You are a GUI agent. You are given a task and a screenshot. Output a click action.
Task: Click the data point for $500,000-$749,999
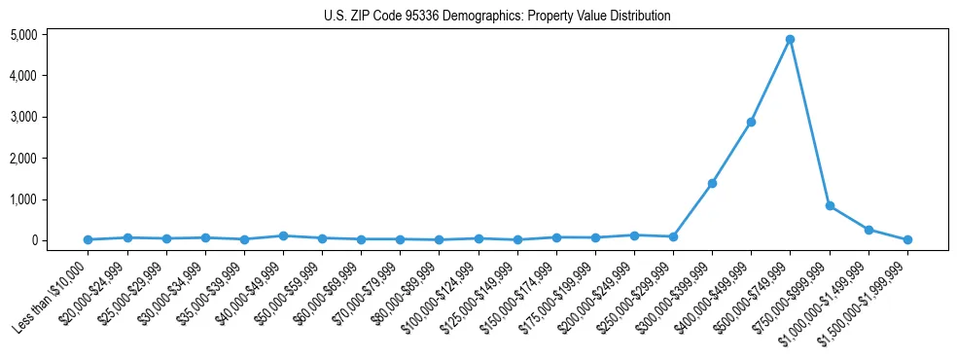pyautogui.click(x=790, y=40)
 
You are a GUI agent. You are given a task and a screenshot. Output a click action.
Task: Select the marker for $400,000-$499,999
pyautogui.click(x=751, y=123)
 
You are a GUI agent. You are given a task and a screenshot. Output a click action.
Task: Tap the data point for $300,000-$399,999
pyautogui.click(x=712, y=183)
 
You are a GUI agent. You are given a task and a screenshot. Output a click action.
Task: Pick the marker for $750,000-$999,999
pyautogui.click(x=830, y=206)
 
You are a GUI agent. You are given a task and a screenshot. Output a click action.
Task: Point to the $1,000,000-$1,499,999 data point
pyautogui.click(x=868, y=230)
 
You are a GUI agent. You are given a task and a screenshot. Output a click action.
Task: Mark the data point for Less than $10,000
pyautogui.click(x=88, y=239)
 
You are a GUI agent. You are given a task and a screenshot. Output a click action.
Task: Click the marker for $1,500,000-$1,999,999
pyautogui.click(x=907, y=239)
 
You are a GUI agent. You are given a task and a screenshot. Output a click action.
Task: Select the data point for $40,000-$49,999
pyautogui.click(x=283, y=235)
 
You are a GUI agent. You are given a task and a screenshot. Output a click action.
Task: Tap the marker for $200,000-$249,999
pyautogui.click(x=634, y=235)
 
